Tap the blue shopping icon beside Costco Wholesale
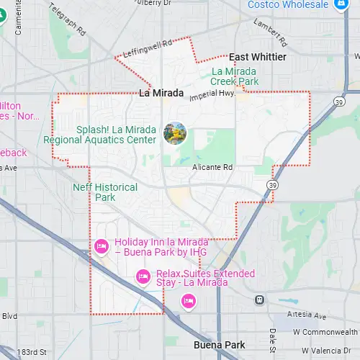341,5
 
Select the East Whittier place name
257,57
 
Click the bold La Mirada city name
161,94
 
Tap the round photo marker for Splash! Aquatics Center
175,132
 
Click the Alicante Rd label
212,167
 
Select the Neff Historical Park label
105,192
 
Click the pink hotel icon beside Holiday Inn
102,246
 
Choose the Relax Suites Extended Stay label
192,278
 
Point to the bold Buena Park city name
220,346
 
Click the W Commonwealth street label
325,332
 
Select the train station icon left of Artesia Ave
259,300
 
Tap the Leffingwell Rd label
148,48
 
